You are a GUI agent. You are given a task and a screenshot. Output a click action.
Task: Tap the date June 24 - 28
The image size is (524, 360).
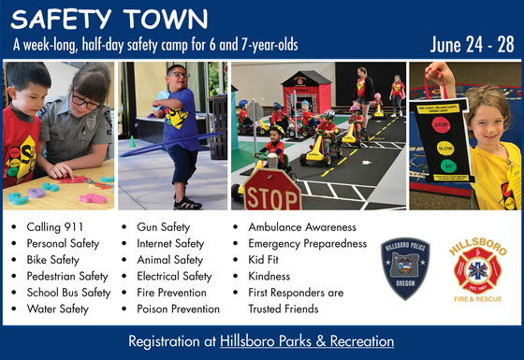point(473,45)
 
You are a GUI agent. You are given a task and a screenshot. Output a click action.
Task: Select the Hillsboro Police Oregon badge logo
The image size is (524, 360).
point(405,269)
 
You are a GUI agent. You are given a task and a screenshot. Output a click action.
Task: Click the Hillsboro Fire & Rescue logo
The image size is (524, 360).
point(476,268)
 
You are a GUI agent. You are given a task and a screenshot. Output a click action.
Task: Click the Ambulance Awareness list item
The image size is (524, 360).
point(301,226)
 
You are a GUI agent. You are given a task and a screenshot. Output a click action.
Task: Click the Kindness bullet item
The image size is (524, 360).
point(269,276)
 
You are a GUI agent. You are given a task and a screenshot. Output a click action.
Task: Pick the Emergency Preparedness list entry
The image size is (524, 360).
point(307,243)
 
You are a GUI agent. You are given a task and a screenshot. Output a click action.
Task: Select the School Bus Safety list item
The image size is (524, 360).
point(68,292)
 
